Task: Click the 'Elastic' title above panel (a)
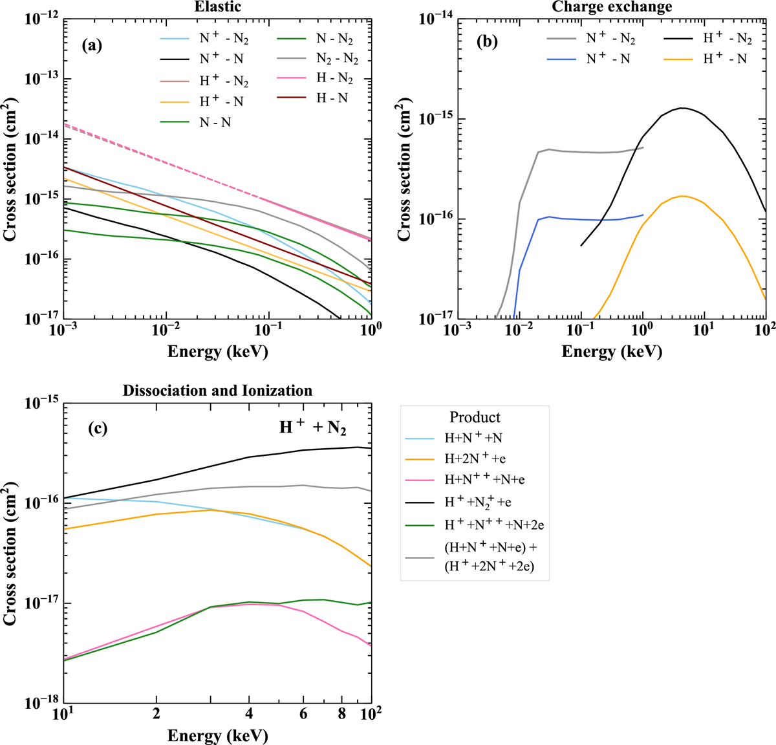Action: click(217, 8)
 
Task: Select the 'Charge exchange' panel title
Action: click(612, 7)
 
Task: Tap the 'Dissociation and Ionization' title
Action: click(217, 391)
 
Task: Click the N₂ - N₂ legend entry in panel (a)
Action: click(337, 58)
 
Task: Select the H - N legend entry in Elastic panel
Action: click(331, 98)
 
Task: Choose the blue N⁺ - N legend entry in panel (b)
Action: click(607, 58)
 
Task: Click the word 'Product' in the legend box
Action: click(475, 417)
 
